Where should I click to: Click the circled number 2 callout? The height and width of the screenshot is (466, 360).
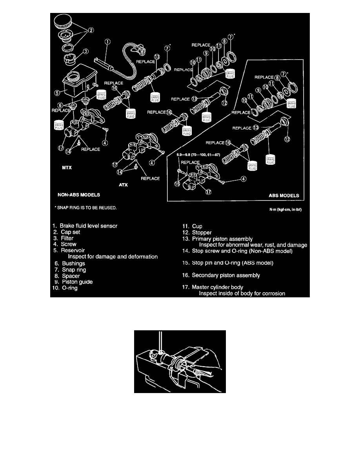[91, 30]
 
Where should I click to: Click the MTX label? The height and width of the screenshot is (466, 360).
[63, 167]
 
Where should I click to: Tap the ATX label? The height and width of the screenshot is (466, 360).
[124, 186]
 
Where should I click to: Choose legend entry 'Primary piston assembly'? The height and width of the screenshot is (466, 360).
[222, 239]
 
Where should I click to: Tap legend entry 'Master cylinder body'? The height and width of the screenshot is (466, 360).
[217, 287]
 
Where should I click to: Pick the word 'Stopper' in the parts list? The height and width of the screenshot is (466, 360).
[202, 232]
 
